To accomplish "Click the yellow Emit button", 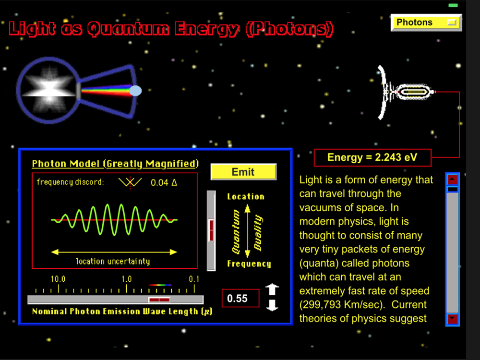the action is tap(243, 172).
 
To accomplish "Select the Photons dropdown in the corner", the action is tap(426, 23).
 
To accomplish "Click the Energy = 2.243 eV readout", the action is tap(372, 157).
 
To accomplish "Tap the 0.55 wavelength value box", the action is tap(240, 298).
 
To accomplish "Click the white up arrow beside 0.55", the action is tap(272, 289).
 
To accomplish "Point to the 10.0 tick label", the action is tap(58, 279).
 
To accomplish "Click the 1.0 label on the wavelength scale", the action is tap(126, 279).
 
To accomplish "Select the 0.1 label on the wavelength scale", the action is tap(194, 279).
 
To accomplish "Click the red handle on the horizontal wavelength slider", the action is tap(159, 300).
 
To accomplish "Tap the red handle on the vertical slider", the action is tap(211, 229).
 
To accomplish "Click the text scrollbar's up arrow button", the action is tap(453, 180).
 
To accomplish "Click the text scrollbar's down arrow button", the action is tap(453, 319).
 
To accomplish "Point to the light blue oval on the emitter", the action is tap(135, 91).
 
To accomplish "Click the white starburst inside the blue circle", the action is tap(49, 89).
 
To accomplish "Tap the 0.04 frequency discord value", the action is tap(164, 183).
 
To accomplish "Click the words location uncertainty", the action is tap(113, 261).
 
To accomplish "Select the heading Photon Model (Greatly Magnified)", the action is tap(115, 164).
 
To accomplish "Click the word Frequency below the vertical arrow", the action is tap(249, 264).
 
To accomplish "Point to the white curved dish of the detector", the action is tap(383, 92).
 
